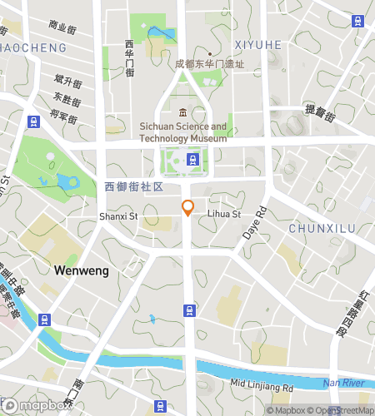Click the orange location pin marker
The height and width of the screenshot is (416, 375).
coord(188,207)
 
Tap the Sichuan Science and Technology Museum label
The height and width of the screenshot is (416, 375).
coord(182,132)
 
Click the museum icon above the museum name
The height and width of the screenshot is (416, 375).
coord(182,113)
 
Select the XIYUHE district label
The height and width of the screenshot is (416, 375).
coord(258,44)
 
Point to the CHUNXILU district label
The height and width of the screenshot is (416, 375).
coord(322,228)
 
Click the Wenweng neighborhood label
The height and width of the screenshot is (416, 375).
coord(81,270)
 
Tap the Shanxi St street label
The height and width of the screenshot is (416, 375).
coord(117,216)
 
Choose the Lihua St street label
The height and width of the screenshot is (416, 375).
coord(223,214)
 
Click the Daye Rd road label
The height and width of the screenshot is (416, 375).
coord(252,224)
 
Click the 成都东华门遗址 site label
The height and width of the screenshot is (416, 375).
coord(209,63)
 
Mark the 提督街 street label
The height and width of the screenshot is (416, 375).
coord(319,112)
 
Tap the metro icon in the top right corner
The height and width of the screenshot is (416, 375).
coord(359,21)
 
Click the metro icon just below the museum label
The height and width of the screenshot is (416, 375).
coord(192,159)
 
